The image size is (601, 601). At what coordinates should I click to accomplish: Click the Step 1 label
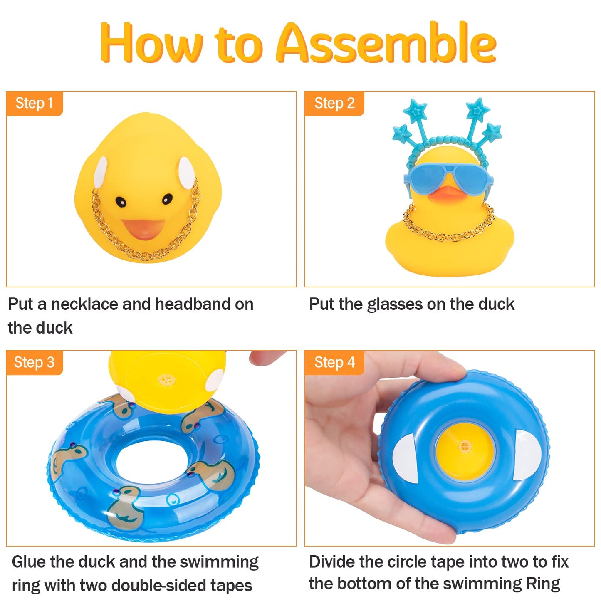pyautogui.click(x=34, y=103)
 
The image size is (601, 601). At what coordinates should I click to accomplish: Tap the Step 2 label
pyautogui.click(x=334, y=103)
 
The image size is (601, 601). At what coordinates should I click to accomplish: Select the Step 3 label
pyautogui.click(x=34, y=362)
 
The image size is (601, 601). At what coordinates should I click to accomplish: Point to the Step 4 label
pyautogui.click(x=334, y=362)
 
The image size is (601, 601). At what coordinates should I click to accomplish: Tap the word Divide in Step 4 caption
pyautogui.click(x=332, y=562)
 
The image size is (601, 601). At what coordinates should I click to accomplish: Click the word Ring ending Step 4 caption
pyautogui.click(x=543, y=584)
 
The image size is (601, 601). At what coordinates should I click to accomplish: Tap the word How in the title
pyautogui.click(x=152, y=43)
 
